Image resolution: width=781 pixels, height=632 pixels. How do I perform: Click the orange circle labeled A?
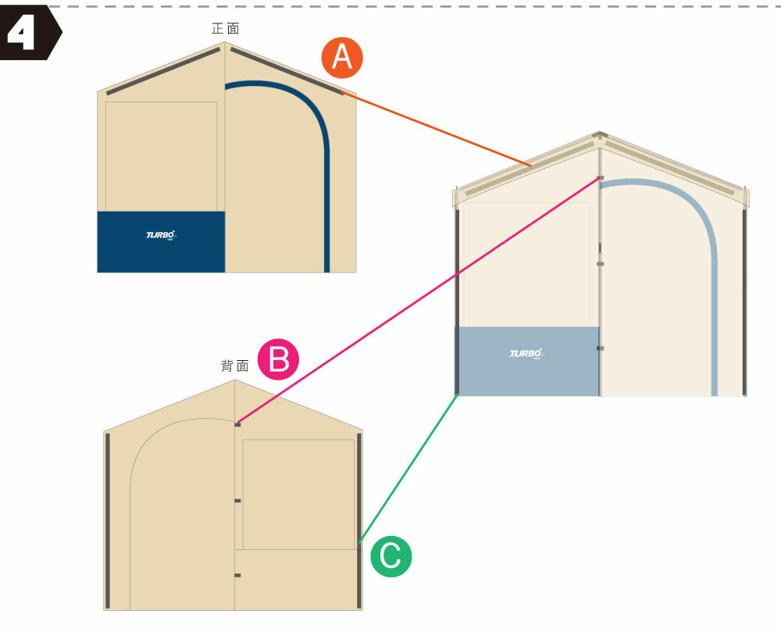(341, 59)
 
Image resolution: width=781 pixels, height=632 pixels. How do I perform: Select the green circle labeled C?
(390, 556)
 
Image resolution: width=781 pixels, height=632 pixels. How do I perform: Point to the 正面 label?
(225, 29)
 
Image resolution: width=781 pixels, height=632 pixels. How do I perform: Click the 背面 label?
(234, 366)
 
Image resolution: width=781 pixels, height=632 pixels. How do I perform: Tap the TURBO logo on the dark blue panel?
(162, 234)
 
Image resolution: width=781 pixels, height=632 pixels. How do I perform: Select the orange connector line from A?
(437, 129)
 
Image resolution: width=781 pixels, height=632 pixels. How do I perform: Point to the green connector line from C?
(408, 469)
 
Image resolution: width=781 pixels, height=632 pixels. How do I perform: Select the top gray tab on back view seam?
(237, 425)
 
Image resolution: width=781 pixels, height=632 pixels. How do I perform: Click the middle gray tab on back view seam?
(237, 501)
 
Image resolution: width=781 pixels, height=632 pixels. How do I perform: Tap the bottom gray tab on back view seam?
(237, 576)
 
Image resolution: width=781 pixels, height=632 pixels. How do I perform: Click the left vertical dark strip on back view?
(108, 520)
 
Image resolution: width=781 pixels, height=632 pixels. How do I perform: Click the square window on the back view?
(298, 494)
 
